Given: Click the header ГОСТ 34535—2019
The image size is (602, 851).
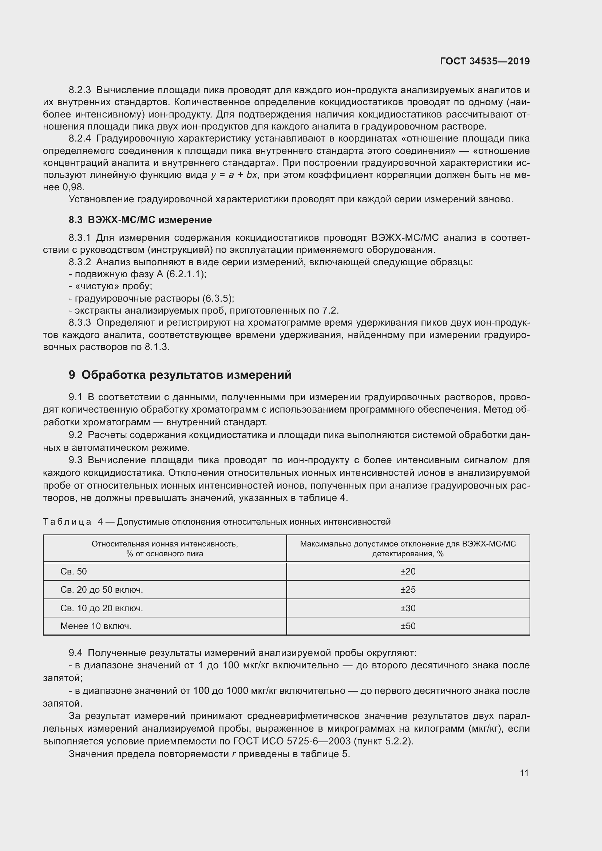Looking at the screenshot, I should tap(485, 61).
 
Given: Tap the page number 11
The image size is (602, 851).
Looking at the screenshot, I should tap(524, 773).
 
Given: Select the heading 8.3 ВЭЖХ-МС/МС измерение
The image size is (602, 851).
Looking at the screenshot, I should tap(140, 220).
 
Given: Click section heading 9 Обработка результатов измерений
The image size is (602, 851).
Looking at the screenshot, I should tap(180, 375).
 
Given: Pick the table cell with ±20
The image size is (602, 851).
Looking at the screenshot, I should tap(408, 572).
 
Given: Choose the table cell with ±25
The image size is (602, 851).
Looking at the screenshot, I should tap(408, 590).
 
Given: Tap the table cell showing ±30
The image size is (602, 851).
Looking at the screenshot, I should tap(408, 608).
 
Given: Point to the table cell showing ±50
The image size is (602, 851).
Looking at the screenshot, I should tap(408, 627).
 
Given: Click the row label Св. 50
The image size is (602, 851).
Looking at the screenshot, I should tap(74, 572).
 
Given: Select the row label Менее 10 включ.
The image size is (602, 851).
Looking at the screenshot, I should tap(96, 627).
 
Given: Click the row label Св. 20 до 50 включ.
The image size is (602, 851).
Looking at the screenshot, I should tap(102, 590).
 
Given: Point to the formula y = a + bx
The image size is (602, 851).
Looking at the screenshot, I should tap(234, 175).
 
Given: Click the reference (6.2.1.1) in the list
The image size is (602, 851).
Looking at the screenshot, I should tap(186, 274).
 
